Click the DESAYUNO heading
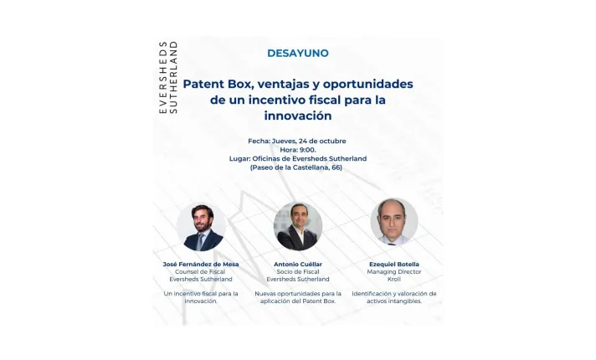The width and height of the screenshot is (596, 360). [297, 53]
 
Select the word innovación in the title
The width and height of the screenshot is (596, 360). [297, 116]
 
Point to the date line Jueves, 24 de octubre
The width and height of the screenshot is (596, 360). [297, 141]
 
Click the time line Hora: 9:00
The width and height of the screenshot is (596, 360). [297, 149]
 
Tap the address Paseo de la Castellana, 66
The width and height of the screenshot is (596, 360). [297, 167]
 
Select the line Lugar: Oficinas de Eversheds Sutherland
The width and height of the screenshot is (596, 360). [297, 158]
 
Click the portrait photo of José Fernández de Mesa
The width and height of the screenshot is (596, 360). [201, 227]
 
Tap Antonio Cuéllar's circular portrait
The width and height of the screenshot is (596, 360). [297, 226]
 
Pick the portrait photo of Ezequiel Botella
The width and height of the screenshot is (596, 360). [393, 223]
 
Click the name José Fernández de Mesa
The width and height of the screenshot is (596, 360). [201, 265]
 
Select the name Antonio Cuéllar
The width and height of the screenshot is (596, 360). [297, 265]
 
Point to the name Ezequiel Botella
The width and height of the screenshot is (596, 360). [393, 265]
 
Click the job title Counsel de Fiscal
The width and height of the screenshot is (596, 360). [201, 272]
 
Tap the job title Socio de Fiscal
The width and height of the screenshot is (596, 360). [297, 272]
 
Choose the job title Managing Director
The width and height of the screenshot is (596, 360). [393, 272]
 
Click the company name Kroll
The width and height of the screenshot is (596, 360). [393, 280]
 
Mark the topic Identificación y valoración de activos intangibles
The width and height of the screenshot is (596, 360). [393, 297]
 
